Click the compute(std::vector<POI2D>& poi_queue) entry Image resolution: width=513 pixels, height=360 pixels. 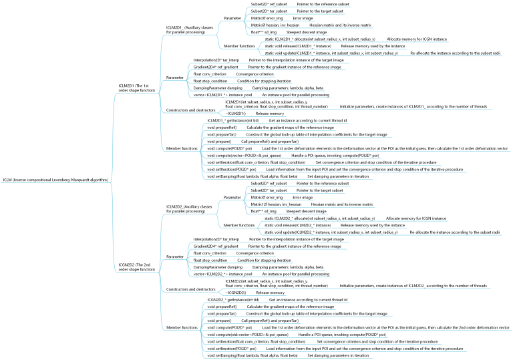pyautogui.click(x=248, y=335)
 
